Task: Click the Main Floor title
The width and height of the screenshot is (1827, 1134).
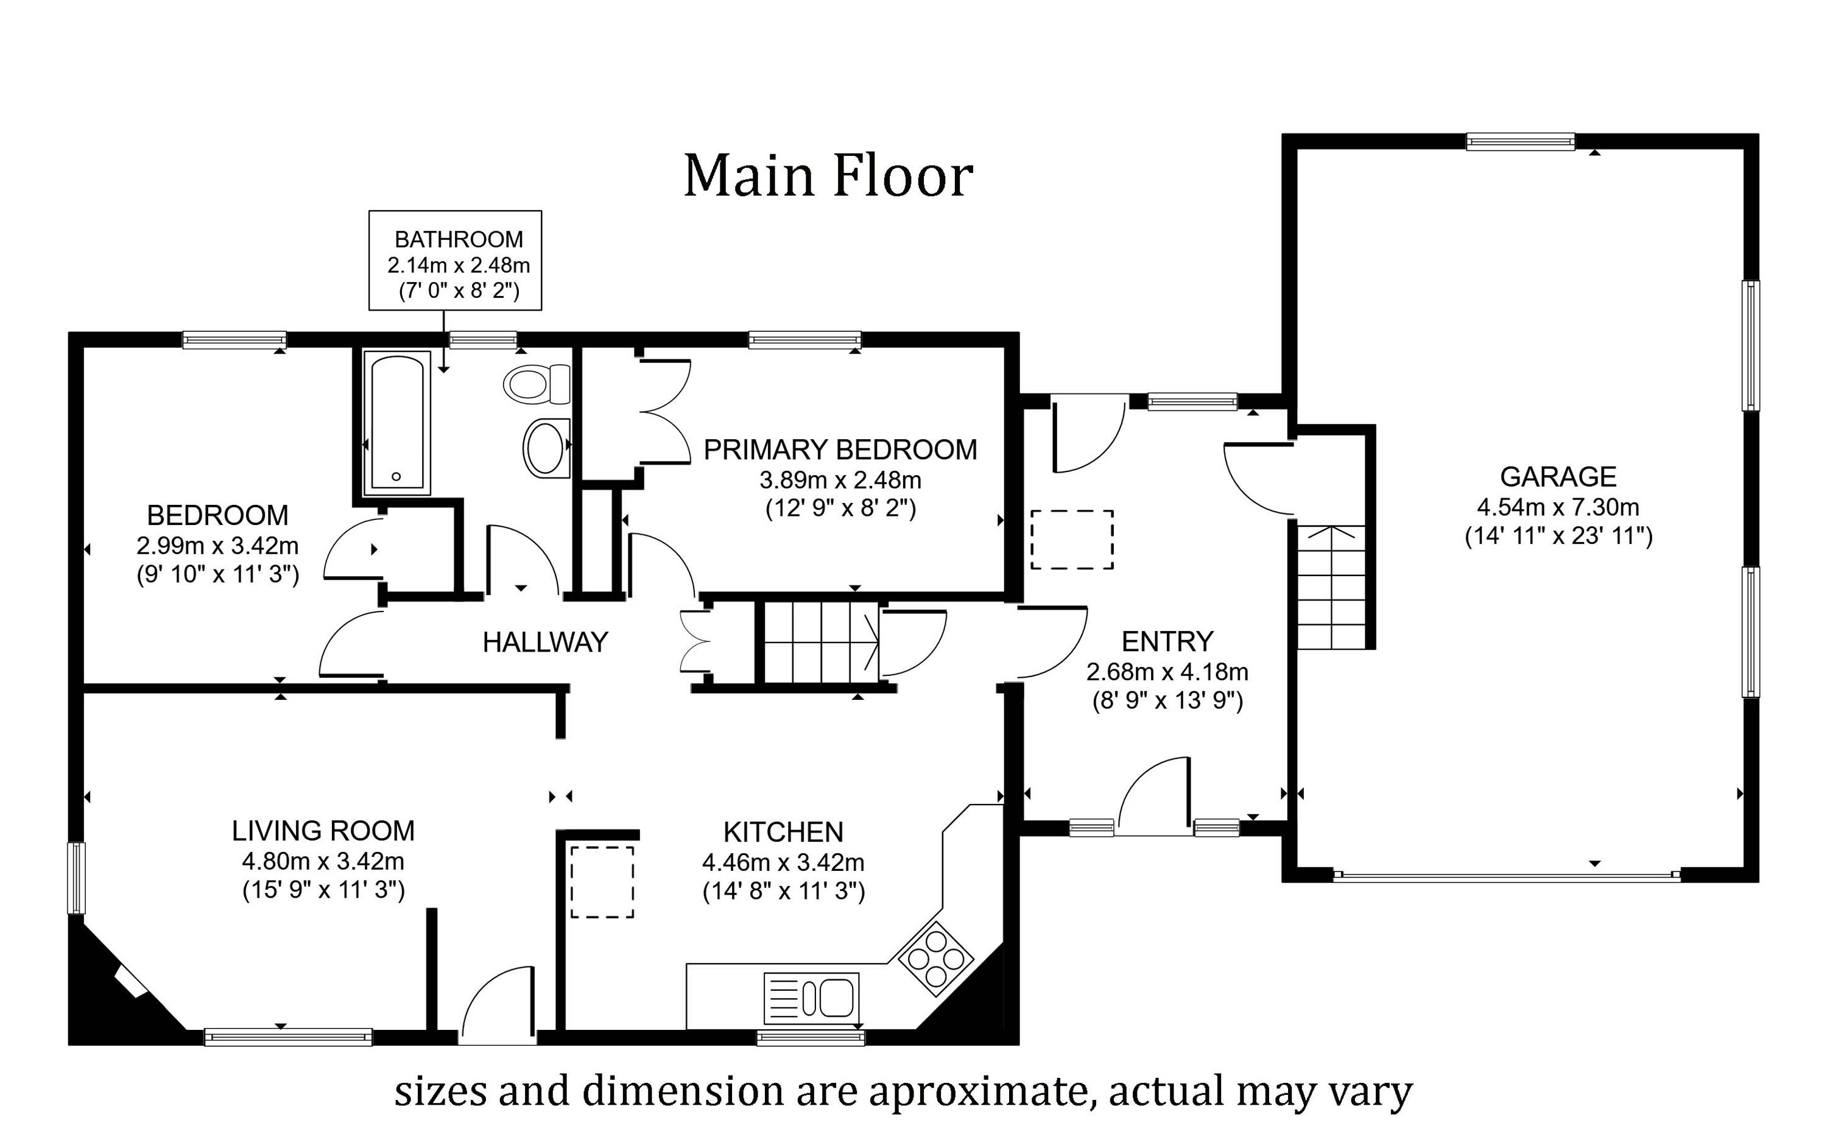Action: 828,177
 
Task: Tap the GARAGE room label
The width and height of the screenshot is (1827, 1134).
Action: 1558,477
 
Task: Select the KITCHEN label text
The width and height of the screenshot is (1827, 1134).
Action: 783,833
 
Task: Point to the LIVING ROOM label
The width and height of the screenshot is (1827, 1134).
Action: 323,831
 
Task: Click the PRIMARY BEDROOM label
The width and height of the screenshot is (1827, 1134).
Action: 840,450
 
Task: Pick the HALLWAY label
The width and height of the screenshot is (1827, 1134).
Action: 545,643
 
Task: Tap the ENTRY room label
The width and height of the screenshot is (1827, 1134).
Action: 1167,642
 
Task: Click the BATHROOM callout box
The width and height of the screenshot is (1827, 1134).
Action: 456,260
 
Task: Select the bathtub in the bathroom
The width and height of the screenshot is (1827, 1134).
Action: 396,423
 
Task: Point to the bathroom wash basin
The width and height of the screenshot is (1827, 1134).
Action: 546,448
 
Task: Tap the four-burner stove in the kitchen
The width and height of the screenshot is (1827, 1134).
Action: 936,959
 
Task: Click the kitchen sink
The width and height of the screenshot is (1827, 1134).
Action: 811,998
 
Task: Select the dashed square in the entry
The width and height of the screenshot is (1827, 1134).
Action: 1072,540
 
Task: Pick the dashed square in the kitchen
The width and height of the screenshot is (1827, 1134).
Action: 602,882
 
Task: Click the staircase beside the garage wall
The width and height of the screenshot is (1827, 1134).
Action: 1331,586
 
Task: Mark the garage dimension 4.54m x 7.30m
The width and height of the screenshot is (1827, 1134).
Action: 1558,508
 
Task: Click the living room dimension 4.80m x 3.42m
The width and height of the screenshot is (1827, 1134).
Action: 323,861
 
